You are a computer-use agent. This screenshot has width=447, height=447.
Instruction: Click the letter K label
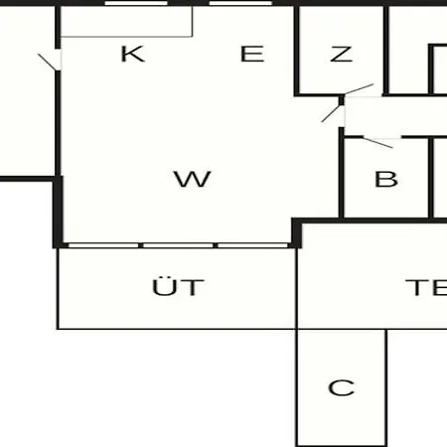click(x=133, y=54)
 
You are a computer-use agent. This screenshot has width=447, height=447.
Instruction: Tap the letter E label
click(x=252, y=54)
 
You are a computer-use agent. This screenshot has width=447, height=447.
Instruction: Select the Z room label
click(x=342, y=54)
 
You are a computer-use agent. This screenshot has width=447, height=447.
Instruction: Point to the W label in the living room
click(x=193, y=179)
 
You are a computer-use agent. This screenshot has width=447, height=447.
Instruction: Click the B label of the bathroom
click(x=386, y=179)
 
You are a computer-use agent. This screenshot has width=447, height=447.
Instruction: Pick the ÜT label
click(x=178, y=287)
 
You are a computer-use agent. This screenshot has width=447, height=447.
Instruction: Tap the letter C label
click(x=342, y=387)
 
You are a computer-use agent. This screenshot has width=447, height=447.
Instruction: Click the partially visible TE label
click(x=426, y=287)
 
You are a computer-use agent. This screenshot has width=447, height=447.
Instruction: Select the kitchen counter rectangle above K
click(x=126, y=22)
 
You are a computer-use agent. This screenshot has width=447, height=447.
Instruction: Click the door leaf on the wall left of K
click(x=48, y=62)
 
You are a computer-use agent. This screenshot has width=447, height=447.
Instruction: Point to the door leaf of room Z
click(x=359, y=88)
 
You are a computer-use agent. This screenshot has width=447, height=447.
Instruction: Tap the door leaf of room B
click(x=377, y=142)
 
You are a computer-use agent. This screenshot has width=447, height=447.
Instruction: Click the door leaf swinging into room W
click(x=331, y=113)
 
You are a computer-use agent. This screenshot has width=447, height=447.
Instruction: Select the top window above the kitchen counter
click(x=136, y=3)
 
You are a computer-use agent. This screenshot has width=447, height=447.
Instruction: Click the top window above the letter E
click(x=240, y=3)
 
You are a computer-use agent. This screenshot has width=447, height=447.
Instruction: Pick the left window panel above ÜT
click(x=103, y=245)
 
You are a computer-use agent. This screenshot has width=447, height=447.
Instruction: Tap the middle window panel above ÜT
click(x=178, y=245)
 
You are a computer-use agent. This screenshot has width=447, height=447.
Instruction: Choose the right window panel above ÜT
click(x=252, y=245)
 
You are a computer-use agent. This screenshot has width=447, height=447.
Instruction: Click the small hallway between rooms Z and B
click(x=395, y=116)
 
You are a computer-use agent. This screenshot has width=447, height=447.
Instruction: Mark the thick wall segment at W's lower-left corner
click(x=58, y=212)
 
